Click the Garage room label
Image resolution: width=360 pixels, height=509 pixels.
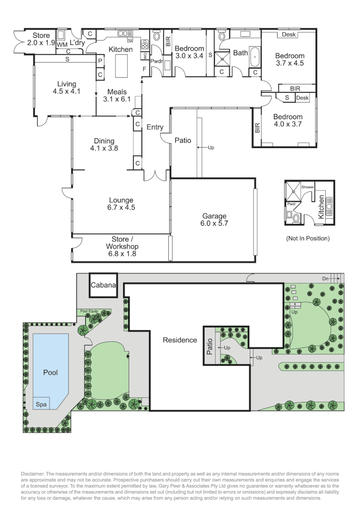(214, 220)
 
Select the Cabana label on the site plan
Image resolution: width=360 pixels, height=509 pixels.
(103, 285)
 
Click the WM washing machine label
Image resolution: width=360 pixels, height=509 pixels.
(62, 44)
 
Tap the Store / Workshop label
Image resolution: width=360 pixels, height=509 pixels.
(122, 246)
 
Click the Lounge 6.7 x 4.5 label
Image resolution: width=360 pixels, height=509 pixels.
(122, 204)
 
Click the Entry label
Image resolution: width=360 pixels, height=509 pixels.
(155, 127)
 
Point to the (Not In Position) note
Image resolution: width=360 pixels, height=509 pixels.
(308, 238)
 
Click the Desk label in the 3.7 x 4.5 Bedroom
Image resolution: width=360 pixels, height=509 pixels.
(289, 35)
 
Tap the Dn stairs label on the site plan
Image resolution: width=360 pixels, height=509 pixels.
(325, 279)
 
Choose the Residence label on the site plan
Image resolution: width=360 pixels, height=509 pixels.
(180, 340)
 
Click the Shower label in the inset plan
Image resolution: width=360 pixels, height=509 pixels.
(307, 187)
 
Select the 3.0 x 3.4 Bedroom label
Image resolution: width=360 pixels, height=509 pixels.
(189, 52)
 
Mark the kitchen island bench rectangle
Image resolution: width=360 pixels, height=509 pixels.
(122, 65)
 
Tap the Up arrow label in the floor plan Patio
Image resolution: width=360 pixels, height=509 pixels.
(211, 148)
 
